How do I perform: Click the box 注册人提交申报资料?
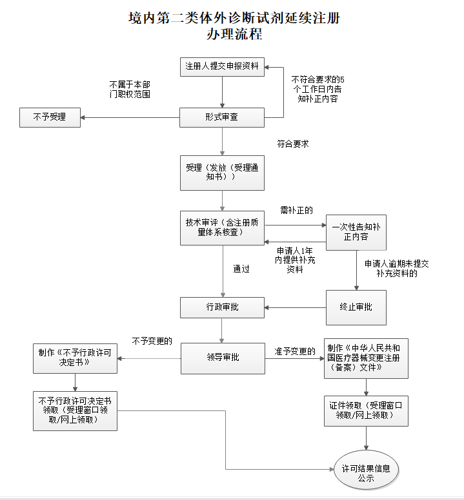[x=222, y=66]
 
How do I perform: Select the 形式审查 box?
[x=222, y=117]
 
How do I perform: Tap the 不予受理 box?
[x=50, y=117]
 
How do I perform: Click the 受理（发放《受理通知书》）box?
[x=222, y=173]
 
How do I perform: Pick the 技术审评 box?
[x=222, y=227]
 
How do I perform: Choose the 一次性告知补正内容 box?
[x=356, y=232]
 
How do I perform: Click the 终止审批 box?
[x=356, y=307]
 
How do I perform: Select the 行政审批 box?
[x=222, y=307]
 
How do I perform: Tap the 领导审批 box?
[x=222, y=358]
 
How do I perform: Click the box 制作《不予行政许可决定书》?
[x=76, y=358]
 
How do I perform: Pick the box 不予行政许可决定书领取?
[x=76, y=410]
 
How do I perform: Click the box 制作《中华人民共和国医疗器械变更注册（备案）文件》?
[x=367, y=358]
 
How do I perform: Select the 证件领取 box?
[x=367, y=410]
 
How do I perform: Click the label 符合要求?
[x=292, y=144]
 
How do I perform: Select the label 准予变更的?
[x=294, y=351]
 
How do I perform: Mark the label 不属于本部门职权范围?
[x=130, y=89]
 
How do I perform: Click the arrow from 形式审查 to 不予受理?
[x=129, y=117]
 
